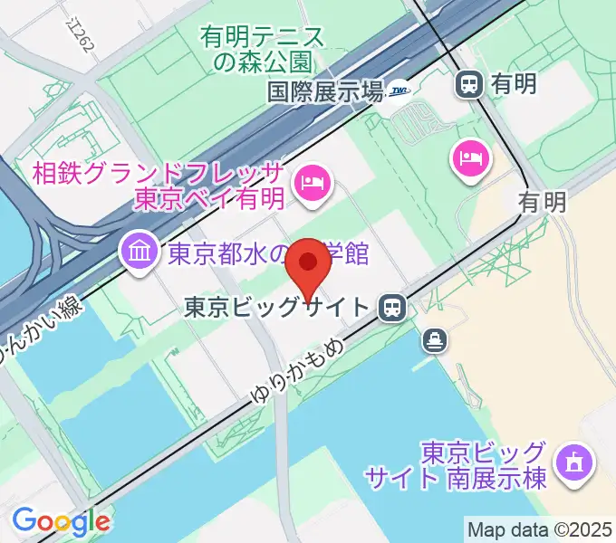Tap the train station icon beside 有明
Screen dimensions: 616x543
coord(469,84)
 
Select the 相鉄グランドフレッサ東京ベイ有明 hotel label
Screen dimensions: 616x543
coord(159,186)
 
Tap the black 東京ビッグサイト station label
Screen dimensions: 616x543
coord(276,308)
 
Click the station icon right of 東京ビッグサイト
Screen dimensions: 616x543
coord(392,308)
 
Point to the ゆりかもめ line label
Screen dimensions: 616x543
coord(292,367)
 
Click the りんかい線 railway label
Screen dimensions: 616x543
coord(41,333)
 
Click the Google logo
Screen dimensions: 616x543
coord(61,521)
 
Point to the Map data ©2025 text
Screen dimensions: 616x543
coord(539,529)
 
